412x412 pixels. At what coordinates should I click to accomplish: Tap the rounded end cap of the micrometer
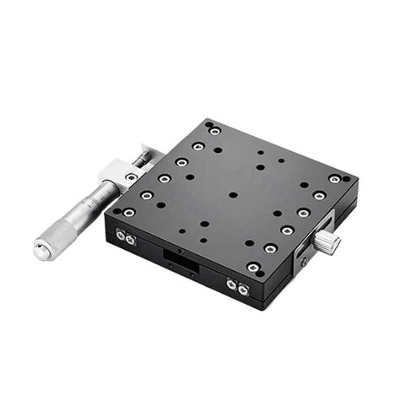41,250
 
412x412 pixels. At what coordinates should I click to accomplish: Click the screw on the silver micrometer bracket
131,177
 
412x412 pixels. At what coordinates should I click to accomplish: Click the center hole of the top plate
233,195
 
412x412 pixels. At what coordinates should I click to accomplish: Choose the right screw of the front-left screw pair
131,240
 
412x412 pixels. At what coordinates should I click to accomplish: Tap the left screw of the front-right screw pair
232,286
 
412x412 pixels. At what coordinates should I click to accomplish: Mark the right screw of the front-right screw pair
243,290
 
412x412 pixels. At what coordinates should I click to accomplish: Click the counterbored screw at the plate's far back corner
215,131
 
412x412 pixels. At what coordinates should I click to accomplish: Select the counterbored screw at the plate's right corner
335,180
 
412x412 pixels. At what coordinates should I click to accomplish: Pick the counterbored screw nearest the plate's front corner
252,268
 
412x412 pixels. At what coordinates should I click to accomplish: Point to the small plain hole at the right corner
347,180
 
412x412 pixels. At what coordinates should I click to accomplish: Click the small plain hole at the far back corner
208,124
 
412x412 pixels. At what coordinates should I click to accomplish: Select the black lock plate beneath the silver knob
305,252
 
